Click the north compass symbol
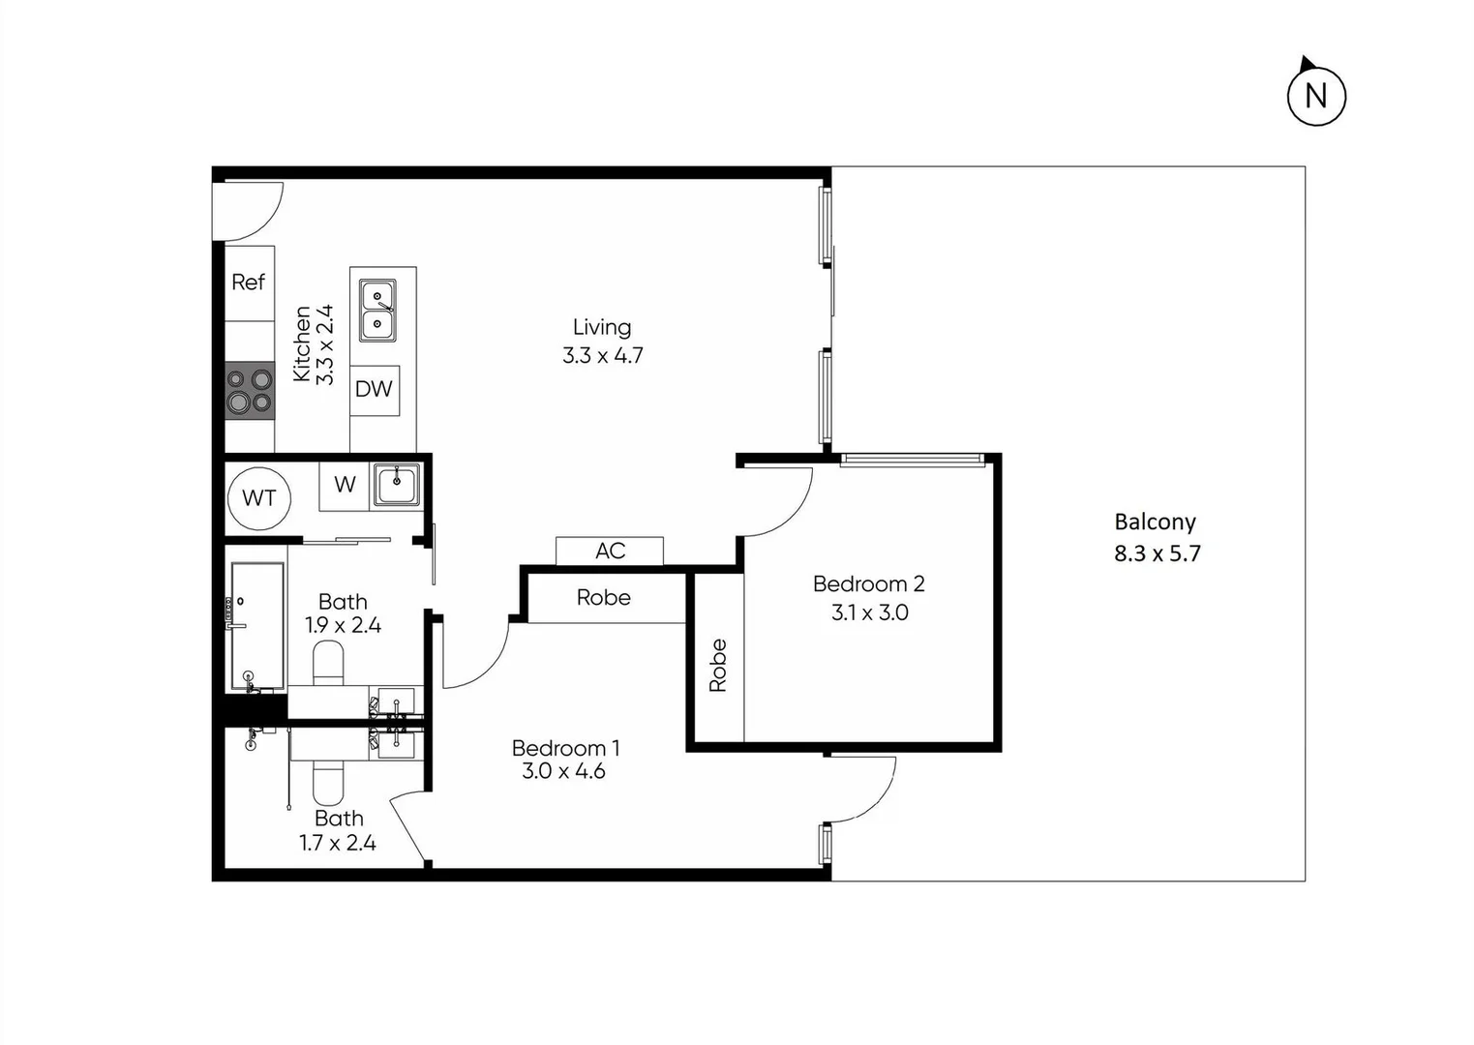tap(1315, 95)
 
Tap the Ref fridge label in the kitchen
tap(248, 283)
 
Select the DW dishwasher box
tap(374, 389)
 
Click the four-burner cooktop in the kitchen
tap(250, 389)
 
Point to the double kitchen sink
tap(377, 310)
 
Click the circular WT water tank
tap(258, 498)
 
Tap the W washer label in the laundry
tap(345, 485)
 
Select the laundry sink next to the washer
tap(397, 485)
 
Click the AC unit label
tap(610, 551)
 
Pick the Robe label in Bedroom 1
tap(603, 598)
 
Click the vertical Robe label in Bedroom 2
tap(717, 666)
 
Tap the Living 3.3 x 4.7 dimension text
tap(602, 355)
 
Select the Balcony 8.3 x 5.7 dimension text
tap(1157, 553)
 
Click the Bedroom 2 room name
tap(868, 583)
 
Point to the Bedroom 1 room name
tap(565, 748)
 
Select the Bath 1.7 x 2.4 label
tap(338, 831)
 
